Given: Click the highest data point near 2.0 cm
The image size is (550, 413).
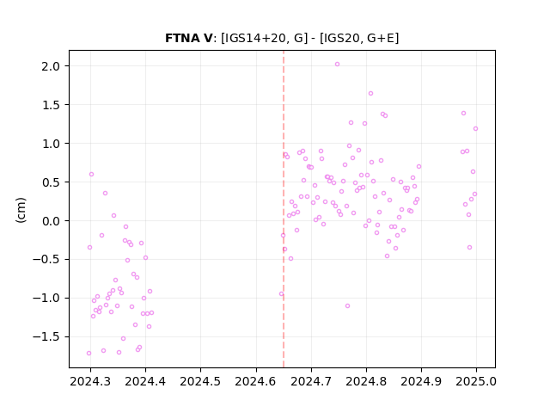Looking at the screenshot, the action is coord(337,65).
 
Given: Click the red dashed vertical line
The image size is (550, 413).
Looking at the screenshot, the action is coord(284,209).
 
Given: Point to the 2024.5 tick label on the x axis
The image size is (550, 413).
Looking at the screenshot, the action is coord(200,381).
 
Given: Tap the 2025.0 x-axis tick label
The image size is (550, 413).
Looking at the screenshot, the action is coord(476,381).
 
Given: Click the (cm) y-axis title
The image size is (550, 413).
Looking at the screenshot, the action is coord(21,210).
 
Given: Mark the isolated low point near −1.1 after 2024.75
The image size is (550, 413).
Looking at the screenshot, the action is coord(347,306).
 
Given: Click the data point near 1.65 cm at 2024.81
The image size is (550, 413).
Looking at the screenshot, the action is coord(370,94).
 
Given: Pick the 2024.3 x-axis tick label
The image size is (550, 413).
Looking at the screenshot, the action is coord(90,381).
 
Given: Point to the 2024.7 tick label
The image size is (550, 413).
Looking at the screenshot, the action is coord(311,381).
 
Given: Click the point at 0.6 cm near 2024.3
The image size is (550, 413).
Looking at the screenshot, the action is coord(92,174).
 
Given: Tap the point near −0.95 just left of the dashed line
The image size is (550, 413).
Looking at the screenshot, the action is coord(281,294).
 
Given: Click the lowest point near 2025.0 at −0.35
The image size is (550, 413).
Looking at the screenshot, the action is coord(470,248).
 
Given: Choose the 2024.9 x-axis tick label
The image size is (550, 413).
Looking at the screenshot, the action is coord(421,381).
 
